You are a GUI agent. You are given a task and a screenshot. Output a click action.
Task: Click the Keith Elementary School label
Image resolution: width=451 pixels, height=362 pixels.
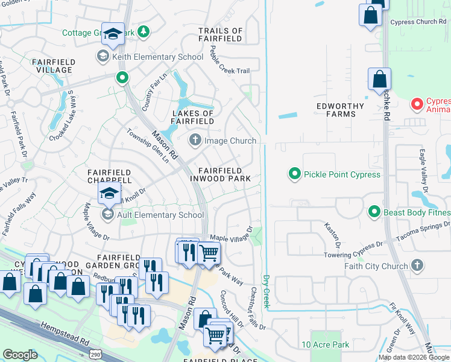pos(156,57)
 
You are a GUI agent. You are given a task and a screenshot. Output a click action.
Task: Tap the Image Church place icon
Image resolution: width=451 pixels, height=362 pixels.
pos(195,141)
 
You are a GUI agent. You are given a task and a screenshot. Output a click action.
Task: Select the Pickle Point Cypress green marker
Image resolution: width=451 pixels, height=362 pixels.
pos(294,174)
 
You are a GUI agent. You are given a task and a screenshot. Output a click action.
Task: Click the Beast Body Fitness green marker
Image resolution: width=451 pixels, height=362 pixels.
pos(374,212)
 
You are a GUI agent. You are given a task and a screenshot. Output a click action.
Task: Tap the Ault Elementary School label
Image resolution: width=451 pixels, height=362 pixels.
pos(160,215)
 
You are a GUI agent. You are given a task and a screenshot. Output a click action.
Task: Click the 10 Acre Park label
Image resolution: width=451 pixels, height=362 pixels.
pos(325,345)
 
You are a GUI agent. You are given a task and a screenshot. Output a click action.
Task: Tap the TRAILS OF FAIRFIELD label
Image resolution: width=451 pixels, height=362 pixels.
pos(220,34)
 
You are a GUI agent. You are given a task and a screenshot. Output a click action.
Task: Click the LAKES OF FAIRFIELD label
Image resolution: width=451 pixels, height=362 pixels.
pos(193,117)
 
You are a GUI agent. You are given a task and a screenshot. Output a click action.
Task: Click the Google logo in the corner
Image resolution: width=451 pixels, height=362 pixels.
pos(20,354)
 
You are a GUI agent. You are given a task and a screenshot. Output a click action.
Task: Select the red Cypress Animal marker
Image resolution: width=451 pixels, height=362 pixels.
pos(416,104)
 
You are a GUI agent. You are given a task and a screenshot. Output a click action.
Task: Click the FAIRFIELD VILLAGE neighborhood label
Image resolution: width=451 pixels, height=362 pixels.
pos(54,66)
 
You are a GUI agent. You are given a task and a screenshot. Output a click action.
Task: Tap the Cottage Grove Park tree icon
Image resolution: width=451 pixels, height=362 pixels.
pos(143,31)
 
